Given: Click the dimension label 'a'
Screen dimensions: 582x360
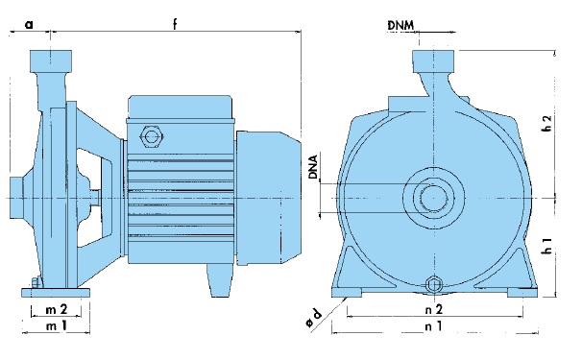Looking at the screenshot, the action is point(29,25).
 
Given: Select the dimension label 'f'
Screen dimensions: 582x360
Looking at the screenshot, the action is point(175,24).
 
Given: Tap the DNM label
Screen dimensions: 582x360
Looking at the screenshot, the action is point(400,25).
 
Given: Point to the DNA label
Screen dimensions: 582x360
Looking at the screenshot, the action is point(314,167).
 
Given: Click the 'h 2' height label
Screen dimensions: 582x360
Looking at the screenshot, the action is point(546,123).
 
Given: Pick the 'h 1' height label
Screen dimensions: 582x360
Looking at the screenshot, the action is point(546,246).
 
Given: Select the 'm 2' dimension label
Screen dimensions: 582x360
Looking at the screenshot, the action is point(57,309).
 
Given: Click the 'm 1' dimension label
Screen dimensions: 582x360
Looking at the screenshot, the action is point(57,325).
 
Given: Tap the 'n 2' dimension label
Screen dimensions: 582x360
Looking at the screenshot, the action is point(433,309).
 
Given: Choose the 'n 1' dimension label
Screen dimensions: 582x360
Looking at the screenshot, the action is point(433,326).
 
